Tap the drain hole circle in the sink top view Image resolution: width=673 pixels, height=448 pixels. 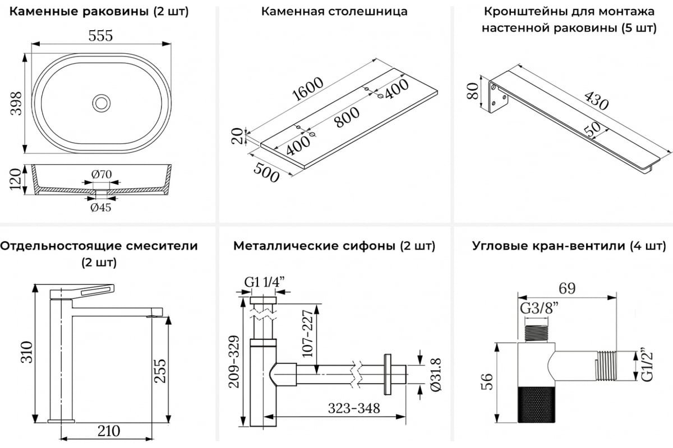(x=102, y=102)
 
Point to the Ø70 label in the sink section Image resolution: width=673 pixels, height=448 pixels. (x=101, y=174)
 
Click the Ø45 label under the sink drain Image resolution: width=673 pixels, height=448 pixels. (x=101, y=207)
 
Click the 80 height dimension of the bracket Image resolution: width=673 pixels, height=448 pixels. (x=472, y=90)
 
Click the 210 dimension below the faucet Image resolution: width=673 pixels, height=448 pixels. (x=109, y=431)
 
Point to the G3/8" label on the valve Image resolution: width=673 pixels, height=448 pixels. (x=540, y=307)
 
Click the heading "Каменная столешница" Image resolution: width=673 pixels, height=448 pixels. (x=334, y=11)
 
